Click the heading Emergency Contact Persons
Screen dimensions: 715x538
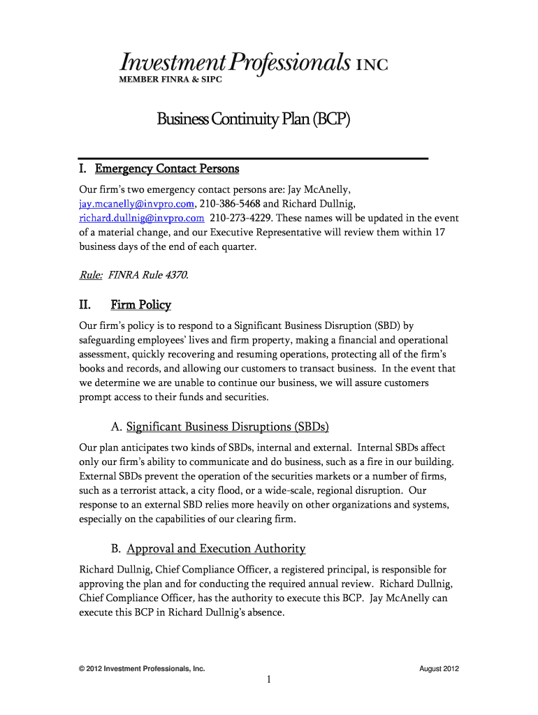coord(167,169)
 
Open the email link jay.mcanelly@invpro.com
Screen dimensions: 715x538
coord(136,203)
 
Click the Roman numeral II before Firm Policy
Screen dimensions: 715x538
coord(86,305)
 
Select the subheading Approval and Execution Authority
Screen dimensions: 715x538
coord(216,548)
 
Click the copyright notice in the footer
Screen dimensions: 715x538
coord(142,669)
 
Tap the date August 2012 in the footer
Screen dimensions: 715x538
coord(439,669)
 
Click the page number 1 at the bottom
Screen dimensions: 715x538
coord(269,681)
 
